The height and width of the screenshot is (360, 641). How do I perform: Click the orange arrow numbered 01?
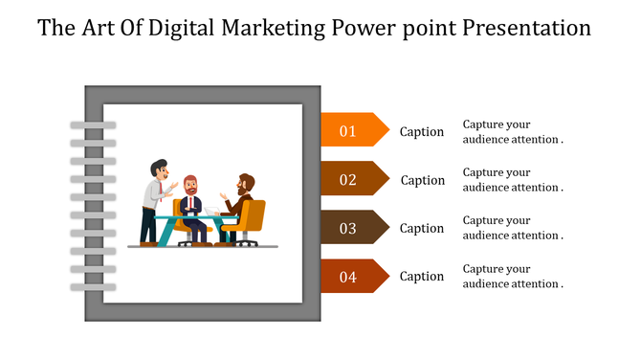[352, 130]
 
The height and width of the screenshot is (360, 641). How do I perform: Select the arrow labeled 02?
[352, 179]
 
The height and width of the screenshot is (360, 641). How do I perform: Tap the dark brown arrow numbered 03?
[352, 228]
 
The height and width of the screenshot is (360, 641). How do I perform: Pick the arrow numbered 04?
[352, 277]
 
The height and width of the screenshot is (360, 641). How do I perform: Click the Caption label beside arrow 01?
[422, 132]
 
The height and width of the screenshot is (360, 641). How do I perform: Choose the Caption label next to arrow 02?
[422, 180]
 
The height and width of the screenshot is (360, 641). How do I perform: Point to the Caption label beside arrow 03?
[422, 228]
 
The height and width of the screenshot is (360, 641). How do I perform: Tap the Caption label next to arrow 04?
[422, 277]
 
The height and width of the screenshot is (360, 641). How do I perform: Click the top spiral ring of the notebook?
[93, 125]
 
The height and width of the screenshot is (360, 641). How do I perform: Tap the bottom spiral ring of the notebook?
[93, 285]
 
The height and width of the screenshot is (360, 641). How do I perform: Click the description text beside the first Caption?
[512, 132]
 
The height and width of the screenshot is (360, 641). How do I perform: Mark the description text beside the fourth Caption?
[512, 277]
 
